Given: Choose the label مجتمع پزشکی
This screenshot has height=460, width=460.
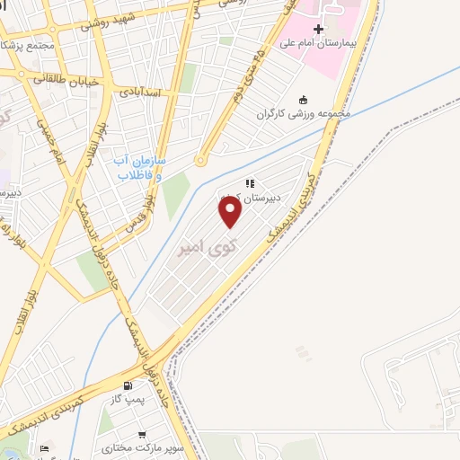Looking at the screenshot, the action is pos(29,45).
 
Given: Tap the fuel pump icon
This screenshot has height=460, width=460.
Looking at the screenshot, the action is pos(139,386).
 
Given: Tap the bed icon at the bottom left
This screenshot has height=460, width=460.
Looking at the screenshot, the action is pos(46,447).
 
